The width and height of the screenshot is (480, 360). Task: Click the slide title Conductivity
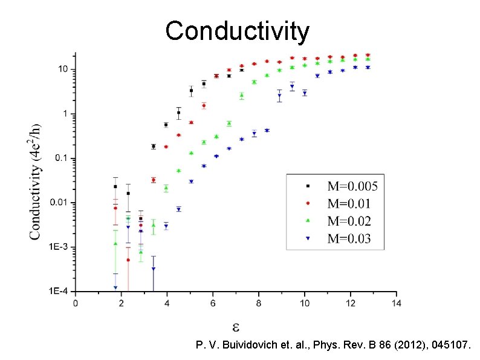pyautogui.click(x=238, y=30)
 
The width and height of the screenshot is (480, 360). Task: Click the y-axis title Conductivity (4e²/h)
pyautogui.click(x=36, y=181)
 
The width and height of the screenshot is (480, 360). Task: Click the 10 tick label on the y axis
pyautogui.click(x=63, y=70)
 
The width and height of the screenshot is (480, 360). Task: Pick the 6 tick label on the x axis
pyautogui.click(x=213, y=303)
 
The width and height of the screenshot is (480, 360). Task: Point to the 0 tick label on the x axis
pyautogui.click(x=76, y=303)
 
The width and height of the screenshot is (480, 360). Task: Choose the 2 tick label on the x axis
pyautogui.click(x=122, y=303)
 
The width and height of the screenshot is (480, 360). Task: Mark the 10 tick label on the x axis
pyautogui.click(x=304, y=303)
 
